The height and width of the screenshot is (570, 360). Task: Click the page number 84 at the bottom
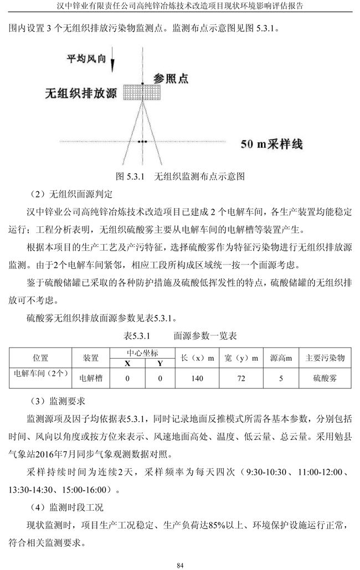[179, 564]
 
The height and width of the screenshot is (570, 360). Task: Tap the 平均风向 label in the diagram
[86, 58]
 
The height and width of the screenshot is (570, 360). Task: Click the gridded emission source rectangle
[141, 92]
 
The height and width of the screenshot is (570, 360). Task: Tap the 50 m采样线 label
[271, 144]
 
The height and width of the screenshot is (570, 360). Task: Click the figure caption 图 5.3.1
[179, 177]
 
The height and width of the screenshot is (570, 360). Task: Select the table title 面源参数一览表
[179, 335]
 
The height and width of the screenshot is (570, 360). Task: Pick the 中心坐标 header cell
[142, 353]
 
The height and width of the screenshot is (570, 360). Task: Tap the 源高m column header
[280, 358]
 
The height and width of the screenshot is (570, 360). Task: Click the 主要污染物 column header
[325, 358]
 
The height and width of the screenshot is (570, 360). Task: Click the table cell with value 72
[241, 379]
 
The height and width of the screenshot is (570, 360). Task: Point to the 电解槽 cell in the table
[91, 379]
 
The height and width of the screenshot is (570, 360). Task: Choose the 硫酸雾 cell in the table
[325, 379]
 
